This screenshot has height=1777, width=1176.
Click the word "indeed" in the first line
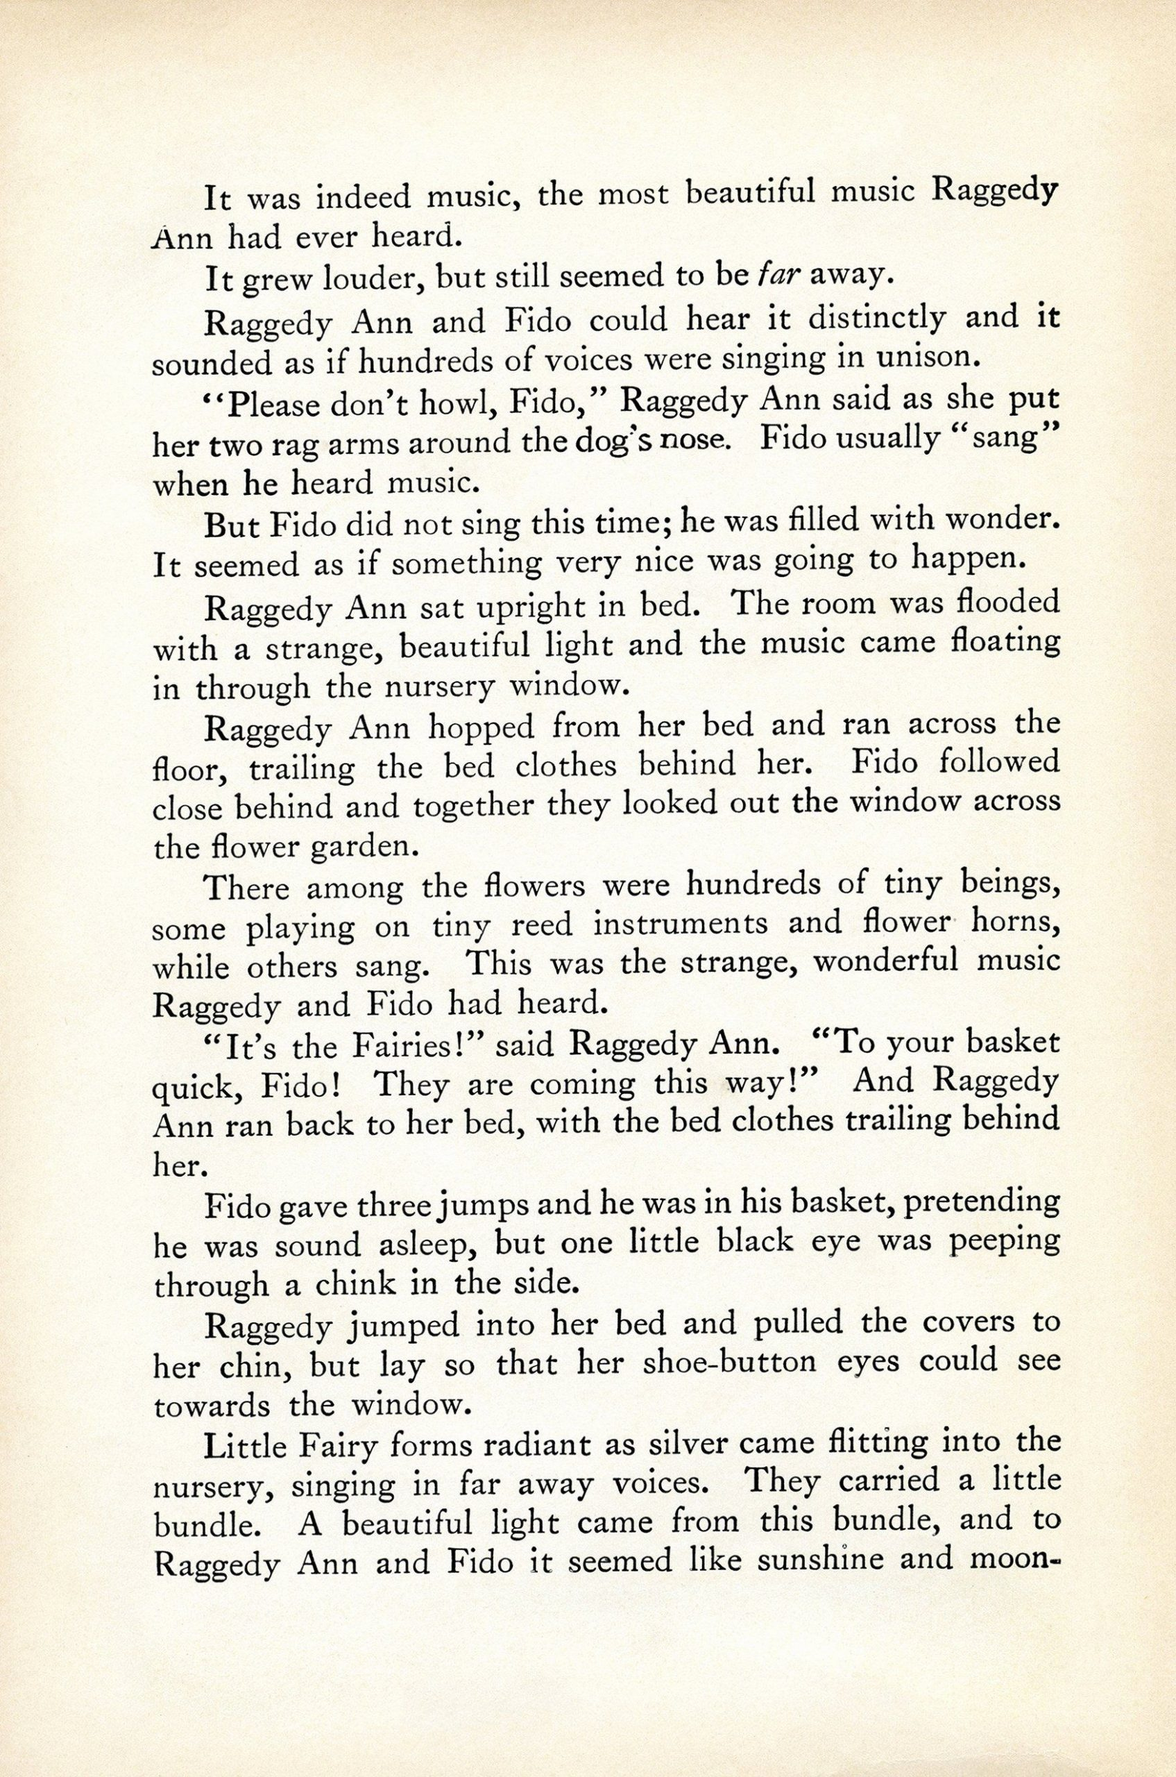coord(363,197)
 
